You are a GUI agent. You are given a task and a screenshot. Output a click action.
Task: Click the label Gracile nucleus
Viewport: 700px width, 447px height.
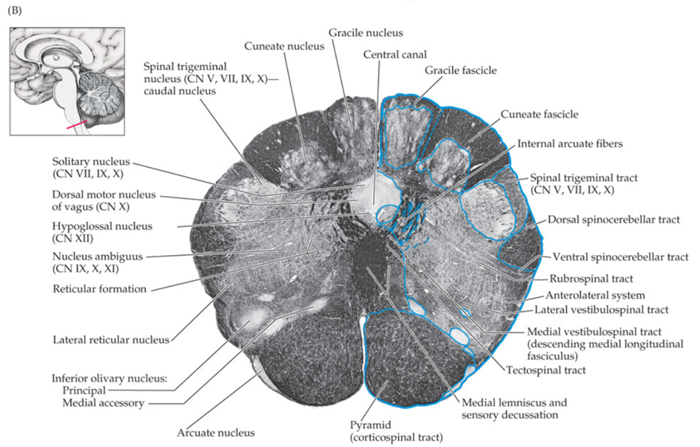pyautogui.click(x=366, y=33)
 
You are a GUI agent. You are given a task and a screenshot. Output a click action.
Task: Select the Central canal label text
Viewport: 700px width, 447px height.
pyautogui.click(x=394, y=54)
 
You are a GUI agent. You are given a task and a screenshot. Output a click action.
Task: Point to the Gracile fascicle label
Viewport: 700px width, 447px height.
pyautogui.click(x=460, y=70)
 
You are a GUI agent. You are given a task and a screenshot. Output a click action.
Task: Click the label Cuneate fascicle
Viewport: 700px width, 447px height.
pyautogui.click(x=540, y=115)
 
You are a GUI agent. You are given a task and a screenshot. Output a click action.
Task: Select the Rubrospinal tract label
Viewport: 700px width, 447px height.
pyautogui.click(x=591, y=279)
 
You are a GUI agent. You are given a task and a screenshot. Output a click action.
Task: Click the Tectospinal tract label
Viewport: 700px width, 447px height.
pyautogui.click(x=545, y=370)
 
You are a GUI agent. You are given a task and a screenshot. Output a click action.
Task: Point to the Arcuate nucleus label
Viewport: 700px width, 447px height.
pyautogui.click(x=216, y=433)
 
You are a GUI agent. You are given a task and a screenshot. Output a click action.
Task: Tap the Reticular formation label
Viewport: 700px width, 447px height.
pyautogui.click(x=100, y=288)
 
